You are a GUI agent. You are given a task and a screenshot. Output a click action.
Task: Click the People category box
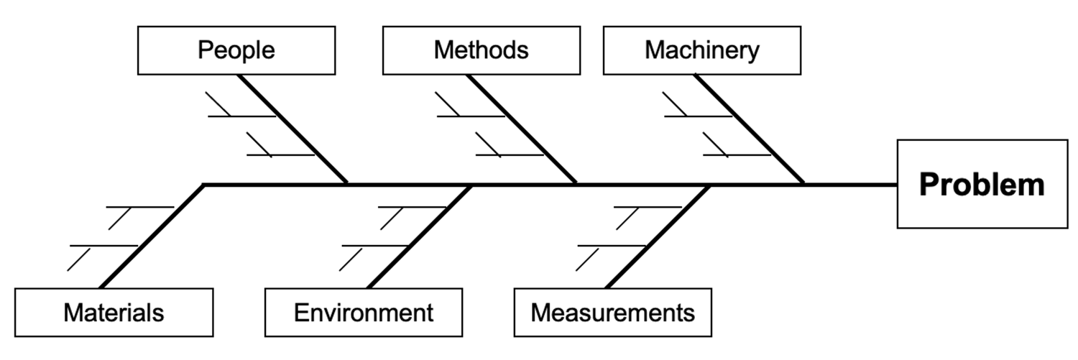[x=236, y=50]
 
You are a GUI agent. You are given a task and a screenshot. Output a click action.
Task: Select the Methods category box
[x=481, y=50]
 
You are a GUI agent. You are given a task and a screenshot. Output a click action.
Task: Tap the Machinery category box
[x=701, y=50]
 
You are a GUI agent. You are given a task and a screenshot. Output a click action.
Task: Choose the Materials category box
[x=114, y=313]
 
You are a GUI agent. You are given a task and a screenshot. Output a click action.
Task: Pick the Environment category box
[x=364, y=313]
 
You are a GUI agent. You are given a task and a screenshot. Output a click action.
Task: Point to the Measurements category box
[x=612, y=313]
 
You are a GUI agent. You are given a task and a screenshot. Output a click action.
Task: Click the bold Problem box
[x=982, y=184]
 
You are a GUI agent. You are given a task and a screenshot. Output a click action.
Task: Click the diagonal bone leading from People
[x=293, y=129]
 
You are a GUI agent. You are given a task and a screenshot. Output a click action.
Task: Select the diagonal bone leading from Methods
[x=522, y=129]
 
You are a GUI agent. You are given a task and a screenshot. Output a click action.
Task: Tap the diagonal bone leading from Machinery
[x=750, y=129]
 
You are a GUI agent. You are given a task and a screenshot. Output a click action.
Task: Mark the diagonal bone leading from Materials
[x=152, y=236]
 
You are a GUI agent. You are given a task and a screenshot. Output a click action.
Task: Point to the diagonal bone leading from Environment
[x=420, y=236]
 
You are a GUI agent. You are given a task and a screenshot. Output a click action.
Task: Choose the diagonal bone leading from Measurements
[x=658, y=236]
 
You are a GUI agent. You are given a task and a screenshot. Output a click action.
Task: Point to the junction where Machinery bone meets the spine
[x=803, y=184]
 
